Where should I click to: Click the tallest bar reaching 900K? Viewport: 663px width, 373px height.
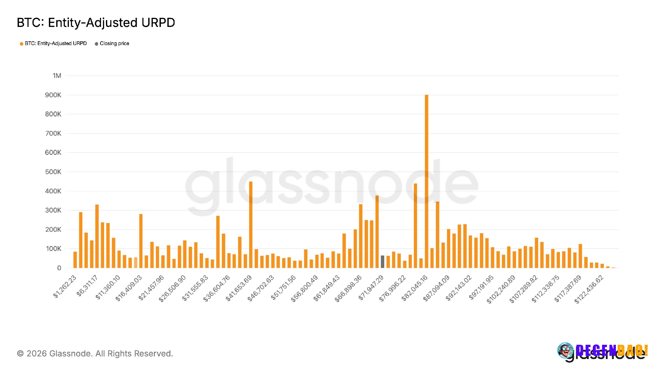[426, 181]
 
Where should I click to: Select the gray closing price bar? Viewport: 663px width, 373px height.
[383, 262]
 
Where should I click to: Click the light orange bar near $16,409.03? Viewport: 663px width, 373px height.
[135, 262]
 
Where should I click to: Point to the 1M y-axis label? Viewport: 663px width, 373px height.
[57, 76]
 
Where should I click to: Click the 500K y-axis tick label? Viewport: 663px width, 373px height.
[53, 172]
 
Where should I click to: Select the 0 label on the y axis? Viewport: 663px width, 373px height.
[59, 268]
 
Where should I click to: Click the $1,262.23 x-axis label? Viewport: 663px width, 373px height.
[65, 286]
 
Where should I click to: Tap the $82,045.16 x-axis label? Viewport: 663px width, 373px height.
[414, 288]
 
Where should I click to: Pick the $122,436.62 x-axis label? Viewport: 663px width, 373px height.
[589, 289]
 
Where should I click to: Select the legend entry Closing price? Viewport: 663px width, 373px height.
[114, 44]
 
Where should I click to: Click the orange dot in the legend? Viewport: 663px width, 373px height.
[21, 44]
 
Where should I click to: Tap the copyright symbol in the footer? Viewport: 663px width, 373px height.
[20, 353]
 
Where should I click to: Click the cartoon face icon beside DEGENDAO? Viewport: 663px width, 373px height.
[565, 350]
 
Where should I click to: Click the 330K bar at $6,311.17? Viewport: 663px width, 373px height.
[97, 236]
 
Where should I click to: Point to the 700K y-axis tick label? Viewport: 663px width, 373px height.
[53, 133]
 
